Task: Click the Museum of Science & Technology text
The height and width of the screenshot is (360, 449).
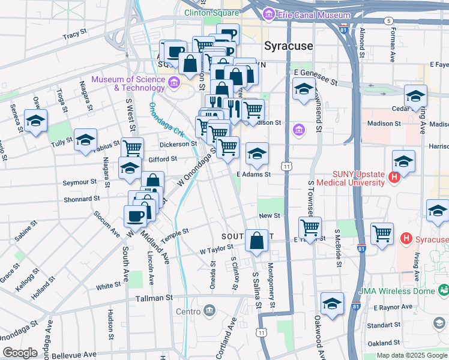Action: [127, 84]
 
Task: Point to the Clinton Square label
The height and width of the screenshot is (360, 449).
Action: [212, 12]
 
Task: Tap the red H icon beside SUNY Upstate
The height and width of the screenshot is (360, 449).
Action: [394, 177]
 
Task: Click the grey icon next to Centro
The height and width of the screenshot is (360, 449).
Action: [209, 311]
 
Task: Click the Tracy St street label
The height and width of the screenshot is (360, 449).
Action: [71, 36]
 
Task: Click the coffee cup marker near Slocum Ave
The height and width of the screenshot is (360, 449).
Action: [134, 216]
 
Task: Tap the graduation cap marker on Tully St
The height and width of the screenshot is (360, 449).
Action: [85, 140]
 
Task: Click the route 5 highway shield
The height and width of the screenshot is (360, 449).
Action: [390, 20]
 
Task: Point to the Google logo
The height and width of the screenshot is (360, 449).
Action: [20, 353]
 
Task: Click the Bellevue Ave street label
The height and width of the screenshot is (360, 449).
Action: [74, 355]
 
